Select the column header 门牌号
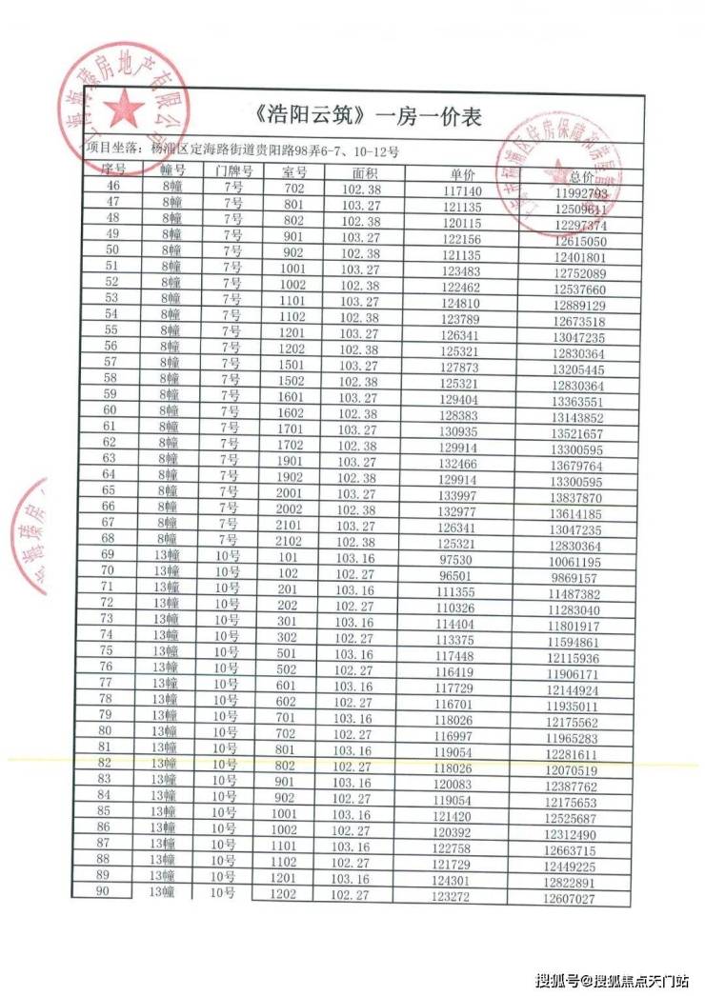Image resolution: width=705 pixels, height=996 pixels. [x=233, y=171]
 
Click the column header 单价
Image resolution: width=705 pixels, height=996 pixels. [x=463, y=175]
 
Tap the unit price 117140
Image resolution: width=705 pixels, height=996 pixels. [x=463, y=191]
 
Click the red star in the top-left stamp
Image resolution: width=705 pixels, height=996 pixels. [x=123, y=110]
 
